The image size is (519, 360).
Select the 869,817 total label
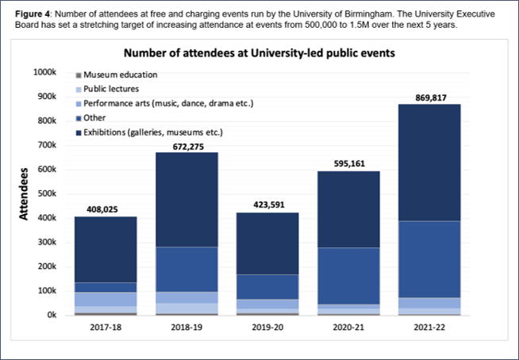pos(429,97)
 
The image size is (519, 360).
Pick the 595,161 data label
pos(348,164)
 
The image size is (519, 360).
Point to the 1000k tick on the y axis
pos(43,72)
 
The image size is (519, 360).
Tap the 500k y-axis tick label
pos(44,193)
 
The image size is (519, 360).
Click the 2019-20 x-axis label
pos(267,327)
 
